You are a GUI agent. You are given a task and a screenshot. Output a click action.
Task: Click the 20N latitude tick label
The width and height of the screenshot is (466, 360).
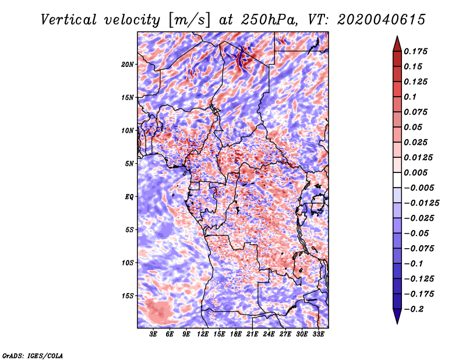pos(128,64)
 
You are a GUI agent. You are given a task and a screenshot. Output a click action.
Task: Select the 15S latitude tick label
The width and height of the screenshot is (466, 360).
pos(128,296)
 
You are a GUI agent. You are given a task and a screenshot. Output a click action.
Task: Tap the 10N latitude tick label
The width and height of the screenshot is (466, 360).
pos(128,130)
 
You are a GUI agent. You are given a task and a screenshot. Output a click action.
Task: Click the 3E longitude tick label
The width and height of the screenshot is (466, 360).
pos(154,334)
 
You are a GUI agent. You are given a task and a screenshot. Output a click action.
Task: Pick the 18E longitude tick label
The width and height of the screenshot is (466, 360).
pos(236,334)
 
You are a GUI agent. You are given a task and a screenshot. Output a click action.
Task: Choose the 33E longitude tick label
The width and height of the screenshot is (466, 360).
pos(319,334)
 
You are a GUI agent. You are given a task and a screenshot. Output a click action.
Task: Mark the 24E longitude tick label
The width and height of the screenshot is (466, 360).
pos(269,334)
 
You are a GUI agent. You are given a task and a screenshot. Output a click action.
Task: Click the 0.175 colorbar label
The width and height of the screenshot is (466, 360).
pos(416,51)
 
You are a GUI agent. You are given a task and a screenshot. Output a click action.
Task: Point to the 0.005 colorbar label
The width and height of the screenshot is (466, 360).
pos(416,173)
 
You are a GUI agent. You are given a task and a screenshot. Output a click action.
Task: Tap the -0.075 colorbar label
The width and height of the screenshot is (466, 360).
pos(418,249)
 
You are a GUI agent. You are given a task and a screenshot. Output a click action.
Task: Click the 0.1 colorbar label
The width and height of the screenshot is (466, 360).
pos(412,97)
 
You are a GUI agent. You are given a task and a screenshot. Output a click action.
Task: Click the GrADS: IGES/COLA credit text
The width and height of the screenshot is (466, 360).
pos(33,355)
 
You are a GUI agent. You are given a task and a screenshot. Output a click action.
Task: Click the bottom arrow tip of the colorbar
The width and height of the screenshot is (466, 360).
pos(397,323)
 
